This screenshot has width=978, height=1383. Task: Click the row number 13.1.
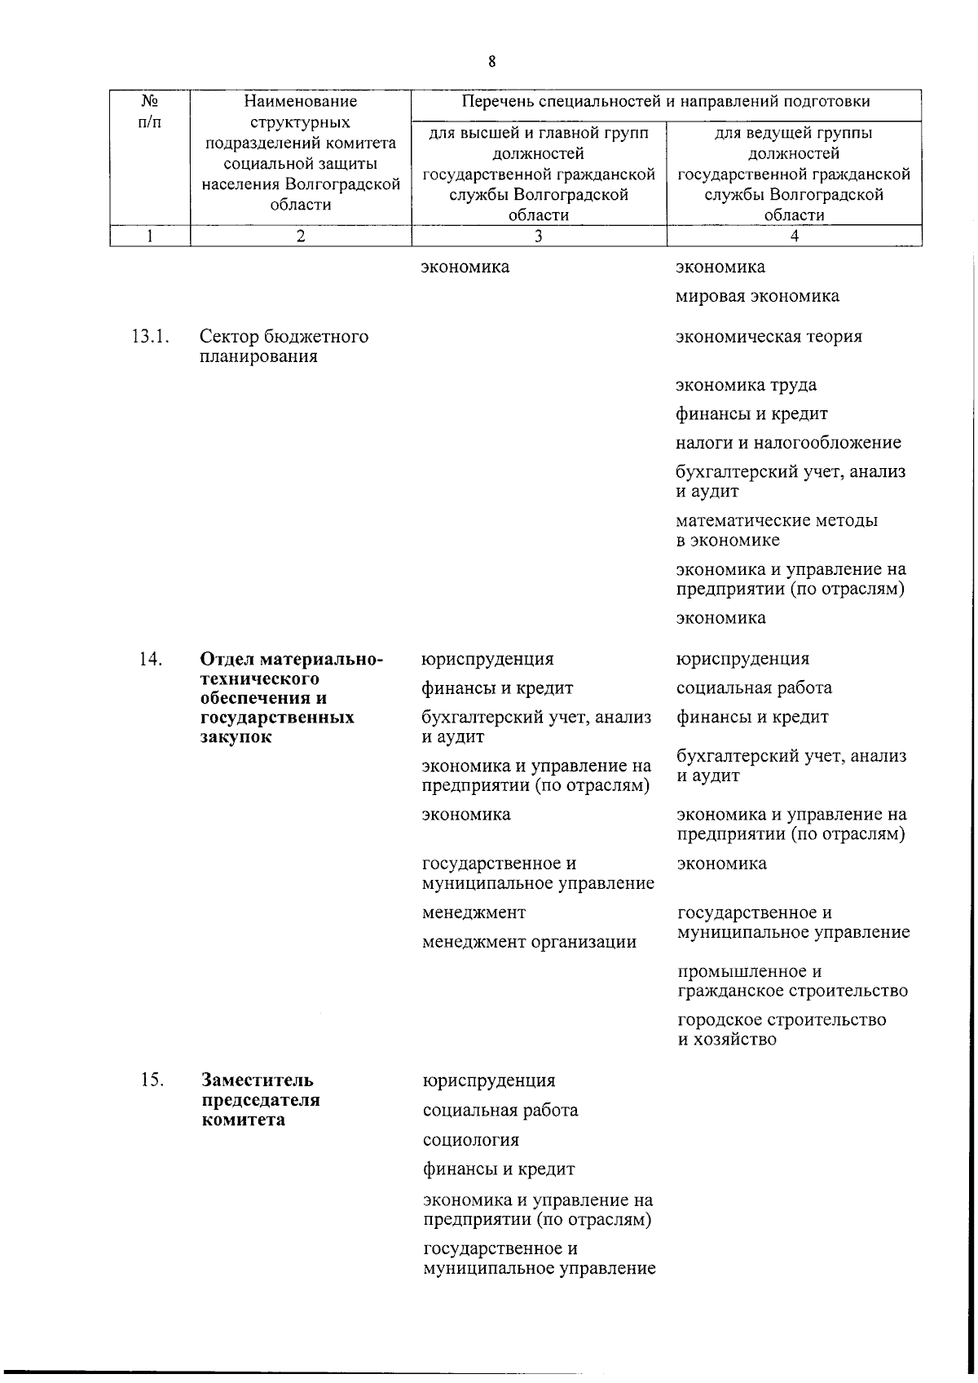click(x=150, y=337)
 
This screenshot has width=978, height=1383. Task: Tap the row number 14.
click(x=150, y=659)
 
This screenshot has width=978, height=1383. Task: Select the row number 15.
click(x=151, y=1080)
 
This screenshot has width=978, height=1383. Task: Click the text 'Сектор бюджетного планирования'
click(x=284, y=347)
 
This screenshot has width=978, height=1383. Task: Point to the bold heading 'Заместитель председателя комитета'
click(x=260, y=1100)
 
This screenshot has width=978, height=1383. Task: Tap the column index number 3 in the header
click(x=538, y=236)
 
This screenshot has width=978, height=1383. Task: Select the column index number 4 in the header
click(x=794, y=236)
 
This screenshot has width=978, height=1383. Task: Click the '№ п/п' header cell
click(x=150, y=112)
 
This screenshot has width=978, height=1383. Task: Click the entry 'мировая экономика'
click(x=757, y=296)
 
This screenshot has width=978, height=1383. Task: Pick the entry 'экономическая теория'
click(x=769, y=337)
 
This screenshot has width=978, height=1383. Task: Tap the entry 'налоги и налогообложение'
click(x=788, y=443)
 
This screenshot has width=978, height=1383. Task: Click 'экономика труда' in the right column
click(x=746, y=385)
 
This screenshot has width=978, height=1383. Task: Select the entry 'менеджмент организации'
click(x=529, y=942)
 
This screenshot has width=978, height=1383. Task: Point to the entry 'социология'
click(x=470, y=1140)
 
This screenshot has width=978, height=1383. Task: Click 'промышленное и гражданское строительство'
click(x=792, y=981)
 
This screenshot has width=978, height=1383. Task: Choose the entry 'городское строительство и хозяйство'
click(x=781, y=1030)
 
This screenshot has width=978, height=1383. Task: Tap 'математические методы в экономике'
click(x=776, y=530)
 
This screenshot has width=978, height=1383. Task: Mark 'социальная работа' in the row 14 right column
click(x=754, y=687)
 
